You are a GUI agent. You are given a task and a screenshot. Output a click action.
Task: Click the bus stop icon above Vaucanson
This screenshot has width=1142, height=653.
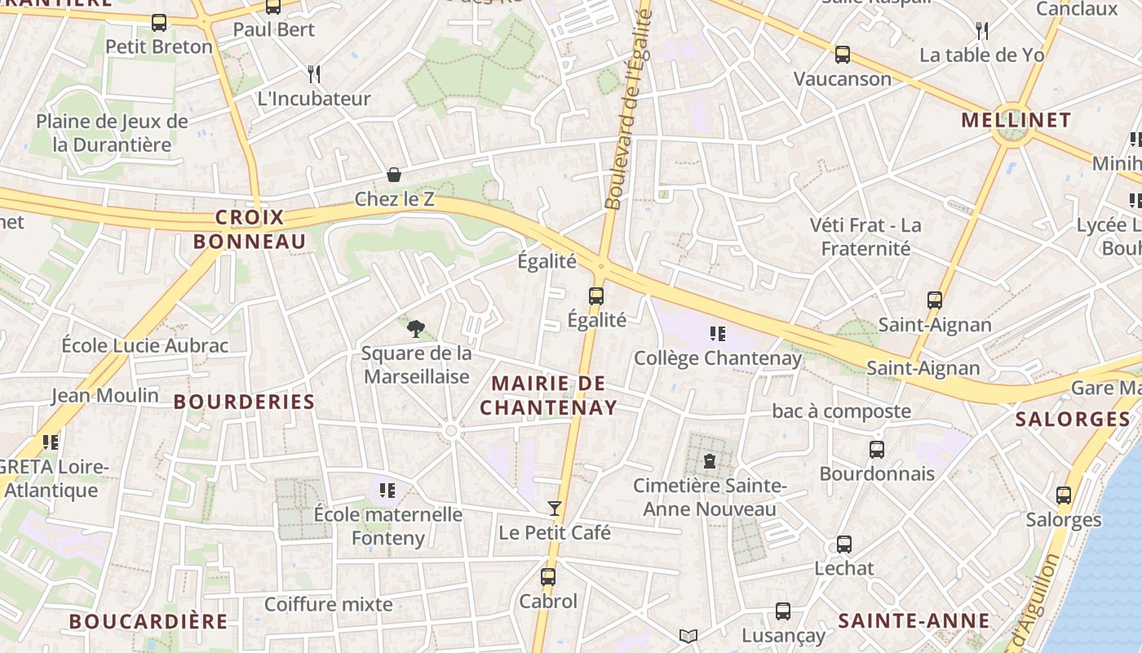click(843, 56)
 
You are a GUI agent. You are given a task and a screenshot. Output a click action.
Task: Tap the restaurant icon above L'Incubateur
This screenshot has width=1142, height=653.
click(314, 74)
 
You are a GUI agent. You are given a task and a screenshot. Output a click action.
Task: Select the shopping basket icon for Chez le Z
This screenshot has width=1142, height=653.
click(394, 175)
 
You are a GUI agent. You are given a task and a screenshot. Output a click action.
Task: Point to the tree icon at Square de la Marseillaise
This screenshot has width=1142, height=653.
click(416, 329)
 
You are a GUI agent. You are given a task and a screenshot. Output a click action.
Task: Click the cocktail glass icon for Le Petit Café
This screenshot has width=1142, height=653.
click(555, 509)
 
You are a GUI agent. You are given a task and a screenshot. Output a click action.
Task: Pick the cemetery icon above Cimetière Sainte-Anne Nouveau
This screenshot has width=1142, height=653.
click(710, 461)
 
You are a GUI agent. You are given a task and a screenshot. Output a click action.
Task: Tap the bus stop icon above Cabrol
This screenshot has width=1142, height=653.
click(548, 577)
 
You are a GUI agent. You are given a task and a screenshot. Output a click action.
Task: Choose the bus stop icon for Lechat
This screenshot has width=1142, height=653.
click(844, 544)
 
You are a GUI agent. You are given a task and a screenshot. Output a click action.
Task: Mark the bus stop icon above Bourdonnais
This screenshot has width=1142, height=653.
click(877, 450)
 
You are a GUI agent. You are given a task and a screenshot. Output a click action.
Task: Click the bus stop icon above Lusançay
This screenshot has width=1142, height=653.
click(783, 611)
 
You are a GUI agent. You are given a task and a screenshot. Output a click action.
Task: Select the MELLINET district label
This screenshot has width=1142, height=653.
click(1016, 121)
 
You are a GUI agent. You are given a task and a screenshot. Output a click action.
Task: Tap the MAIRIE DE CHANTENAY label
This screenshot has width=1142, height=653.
click(548, 396)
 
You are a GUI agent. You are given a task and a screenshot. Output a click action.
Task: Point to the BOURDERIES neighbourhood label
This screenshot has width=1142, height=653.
click(244, 402)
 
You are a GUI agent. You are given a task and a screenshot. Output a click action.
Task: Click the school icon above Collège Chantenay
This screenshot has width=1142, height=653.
click(718, 333)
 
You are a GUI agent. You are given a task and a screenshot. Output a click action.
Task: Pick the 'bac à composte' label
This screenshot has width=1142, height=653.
click(841, 411)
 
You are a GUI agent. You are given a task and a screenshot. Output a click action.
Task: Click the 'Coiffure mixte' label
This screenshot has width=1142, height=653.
click(329, 605)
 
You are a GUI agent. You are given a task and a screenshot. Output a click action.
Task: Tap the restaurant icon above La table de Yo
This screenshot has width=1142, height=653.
click(982, 31)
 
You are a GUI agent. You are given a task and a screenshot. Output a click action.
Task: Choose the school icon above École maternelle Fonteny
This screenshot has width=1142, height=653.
click(387, 491)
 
